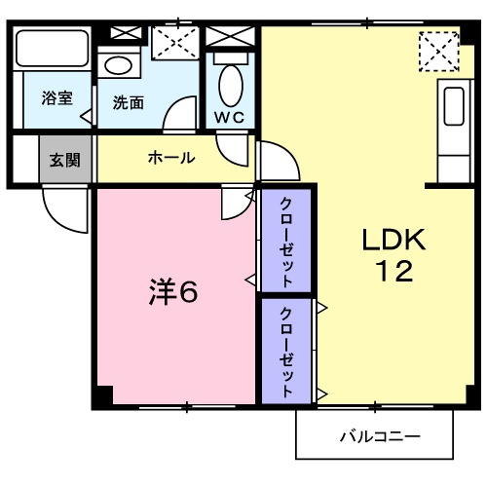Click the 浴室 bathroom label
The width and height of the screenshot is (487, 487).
(56, 98)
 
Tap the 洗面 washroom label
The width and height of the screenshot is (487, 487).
(128, 102)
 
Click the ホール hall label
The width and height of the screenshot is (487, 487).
(170, 158)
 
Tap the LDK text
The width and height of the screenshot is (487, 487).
(394, 239)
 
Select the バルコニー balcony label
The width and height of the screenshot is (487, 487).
(379, 435)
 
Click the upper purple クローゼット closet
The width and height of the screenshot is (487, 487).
(286, 241)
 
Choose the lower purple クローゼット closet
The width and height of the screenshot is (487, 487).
(286, 352)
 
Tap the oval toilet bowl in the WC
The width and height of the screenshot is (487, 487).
(231, 86)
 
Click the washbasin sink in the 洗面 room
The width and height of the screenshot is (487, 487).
(119, 68)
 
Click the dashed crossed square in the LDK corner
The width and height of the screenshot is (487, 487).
(437, 51)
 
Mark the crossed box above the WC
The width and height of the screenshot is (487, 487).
(231, 35)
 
